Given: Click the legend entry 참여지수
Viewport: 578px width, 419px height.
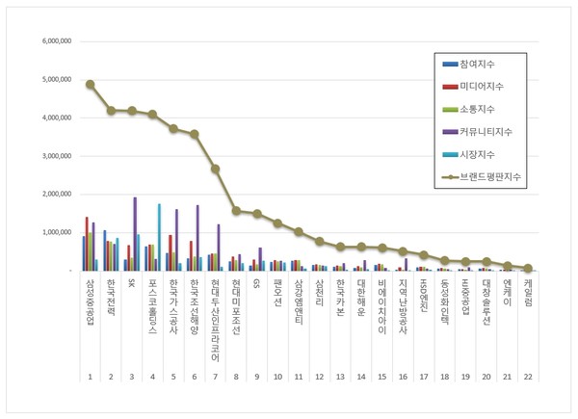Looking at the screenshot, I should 479,65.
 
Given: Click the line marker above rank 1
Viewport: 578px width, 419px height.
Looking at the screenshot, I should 91,84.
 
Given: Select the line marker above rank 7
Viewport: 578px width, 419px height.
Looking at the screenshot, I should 216,169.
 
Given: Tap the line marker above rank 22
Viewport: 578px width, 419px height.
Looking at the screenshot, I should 529,268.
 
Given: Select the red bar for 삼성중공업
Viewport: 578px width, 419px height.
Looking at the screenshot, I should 87,244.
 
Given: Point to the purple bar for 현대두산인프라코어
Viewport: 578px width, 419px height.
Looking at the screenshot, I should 218,247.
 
